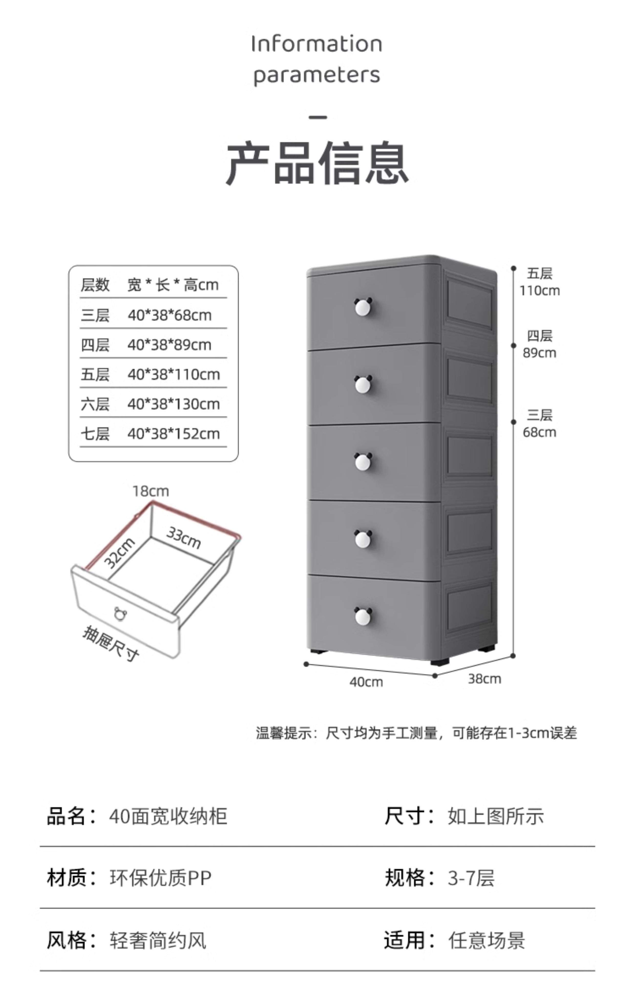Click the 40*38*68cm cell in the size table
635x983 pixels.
coord(170,315)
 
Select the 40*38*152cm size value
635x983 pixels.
coord(174,434)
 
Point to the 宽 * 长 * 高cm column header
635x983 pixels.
coord(173,285)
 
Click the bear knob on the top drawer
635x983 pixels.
coord(363,307)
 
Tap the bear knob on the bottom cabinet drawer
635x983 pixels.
coord(363,616)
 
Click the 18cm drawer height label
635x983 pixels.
coord(151,491)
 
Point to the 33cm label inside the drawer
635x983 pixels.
coord(184,538)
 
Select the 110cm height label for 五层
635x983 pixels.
coord(539,291)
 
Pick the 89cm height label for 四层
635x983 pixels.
coord(539,353)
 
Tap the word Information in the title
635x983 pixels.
coord(317,44)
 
